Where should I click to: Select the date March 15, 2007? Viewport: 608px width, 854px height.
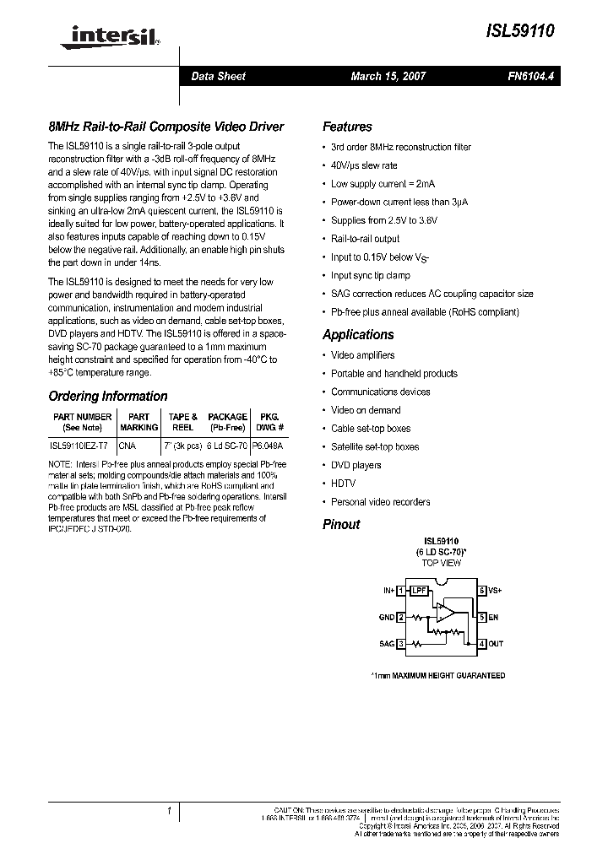click(388, 76)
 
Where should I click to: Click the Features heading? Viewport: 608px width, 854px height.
click(347, 127)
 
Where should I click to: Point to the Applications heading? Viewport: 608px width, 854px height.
click(358, 335)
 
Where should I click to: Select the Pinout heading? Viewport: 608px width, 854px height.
click(341, 525)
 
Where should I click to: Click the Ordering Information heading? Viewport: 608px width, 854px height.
click(108, 397)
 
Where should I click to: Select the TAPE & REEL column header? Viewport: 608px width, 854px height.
click(182, 422)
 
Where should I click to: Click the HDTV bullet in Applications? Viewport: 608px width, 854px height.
click(343, 484)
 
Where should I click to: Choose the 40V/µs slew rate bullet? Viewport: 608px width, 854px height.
click(364, 165)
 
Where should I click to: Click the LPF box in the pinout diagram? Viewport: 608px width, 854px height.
click(419, 591)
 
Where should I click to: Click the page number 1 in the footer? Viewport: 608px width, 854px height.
click(169, 811)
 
